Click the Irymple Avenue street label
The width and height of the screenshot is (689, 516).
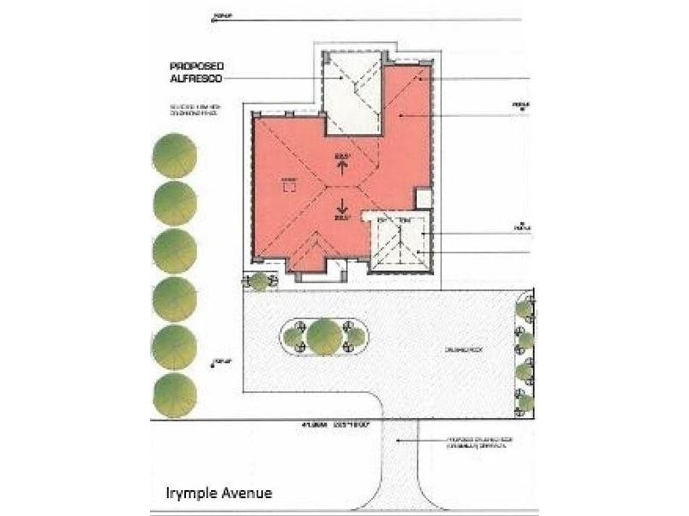[x=219, y=493]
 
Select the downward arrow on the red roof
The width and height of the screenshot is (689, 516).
[x=343, y=206]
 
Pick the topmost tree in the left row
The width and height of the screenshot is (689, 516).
[x=175, y=156]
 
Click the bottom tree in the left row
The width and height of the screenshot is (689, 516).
[x=175, y=396]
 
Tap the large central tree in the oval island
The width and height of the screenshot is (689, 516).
[x=325, y=336]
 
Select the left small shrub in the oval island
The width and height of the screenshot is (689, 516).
[x=297, y=335]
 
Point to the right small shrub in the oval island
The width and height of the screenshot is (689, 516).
[x=353, y=335]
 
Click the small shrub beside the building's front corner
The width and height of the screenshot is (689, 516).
[x=258, y=281]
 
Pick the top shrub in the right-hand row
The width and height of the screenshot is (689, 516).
[x=525, y=308]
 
